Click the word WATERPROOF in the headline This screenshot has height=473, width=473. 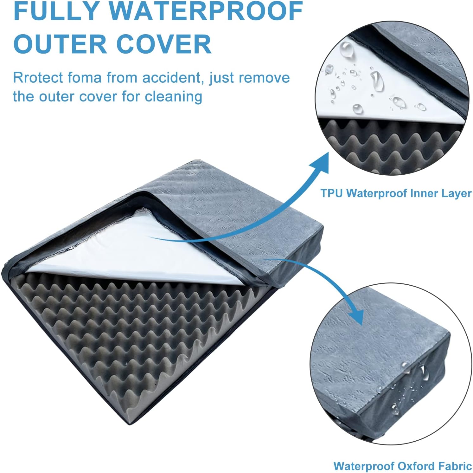(206, 11)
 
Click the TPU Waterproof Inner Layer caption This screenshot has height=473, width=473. (396, 193)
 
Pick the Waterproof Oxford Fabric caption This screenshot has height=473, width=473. (402, 466)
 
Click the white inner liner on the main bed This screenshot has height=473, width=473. (127, 254)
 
